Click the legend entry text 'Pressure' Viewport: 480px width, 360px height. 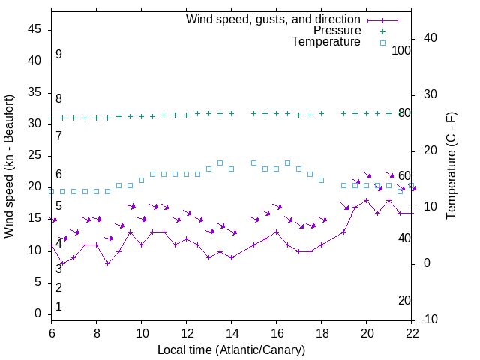pos(337,31)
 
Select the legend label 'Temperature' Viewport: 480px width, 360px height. pos(326,43)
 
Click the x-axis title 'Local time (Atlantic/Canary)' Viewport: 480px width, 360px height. pos(231,350)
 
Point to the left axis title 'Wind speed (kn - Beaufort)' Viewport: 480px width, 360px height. pos(9,166)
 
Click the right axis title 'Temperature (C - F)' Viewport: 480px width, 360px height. pos(451,166)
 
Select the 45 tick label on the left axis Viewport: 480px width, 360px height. pos(34,28)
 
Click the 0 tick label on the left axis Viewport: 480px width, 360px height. pos(37,313)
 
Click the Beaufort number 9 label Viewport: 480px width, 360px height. pos(58,55)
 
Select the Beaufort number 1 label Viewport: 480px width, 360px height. pos(58,307)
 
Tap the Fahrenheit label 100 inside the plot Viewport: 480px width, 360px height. pos(401,50)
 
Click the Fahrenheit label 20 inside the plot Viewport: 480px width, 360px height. pos(404,301)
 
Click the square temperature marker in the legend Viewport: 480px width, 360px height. pos(382,43)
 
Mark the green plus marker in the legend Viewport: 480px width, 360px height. pos(382,31)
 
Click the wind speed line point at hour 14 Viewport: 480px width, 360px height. pos(231,257)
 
